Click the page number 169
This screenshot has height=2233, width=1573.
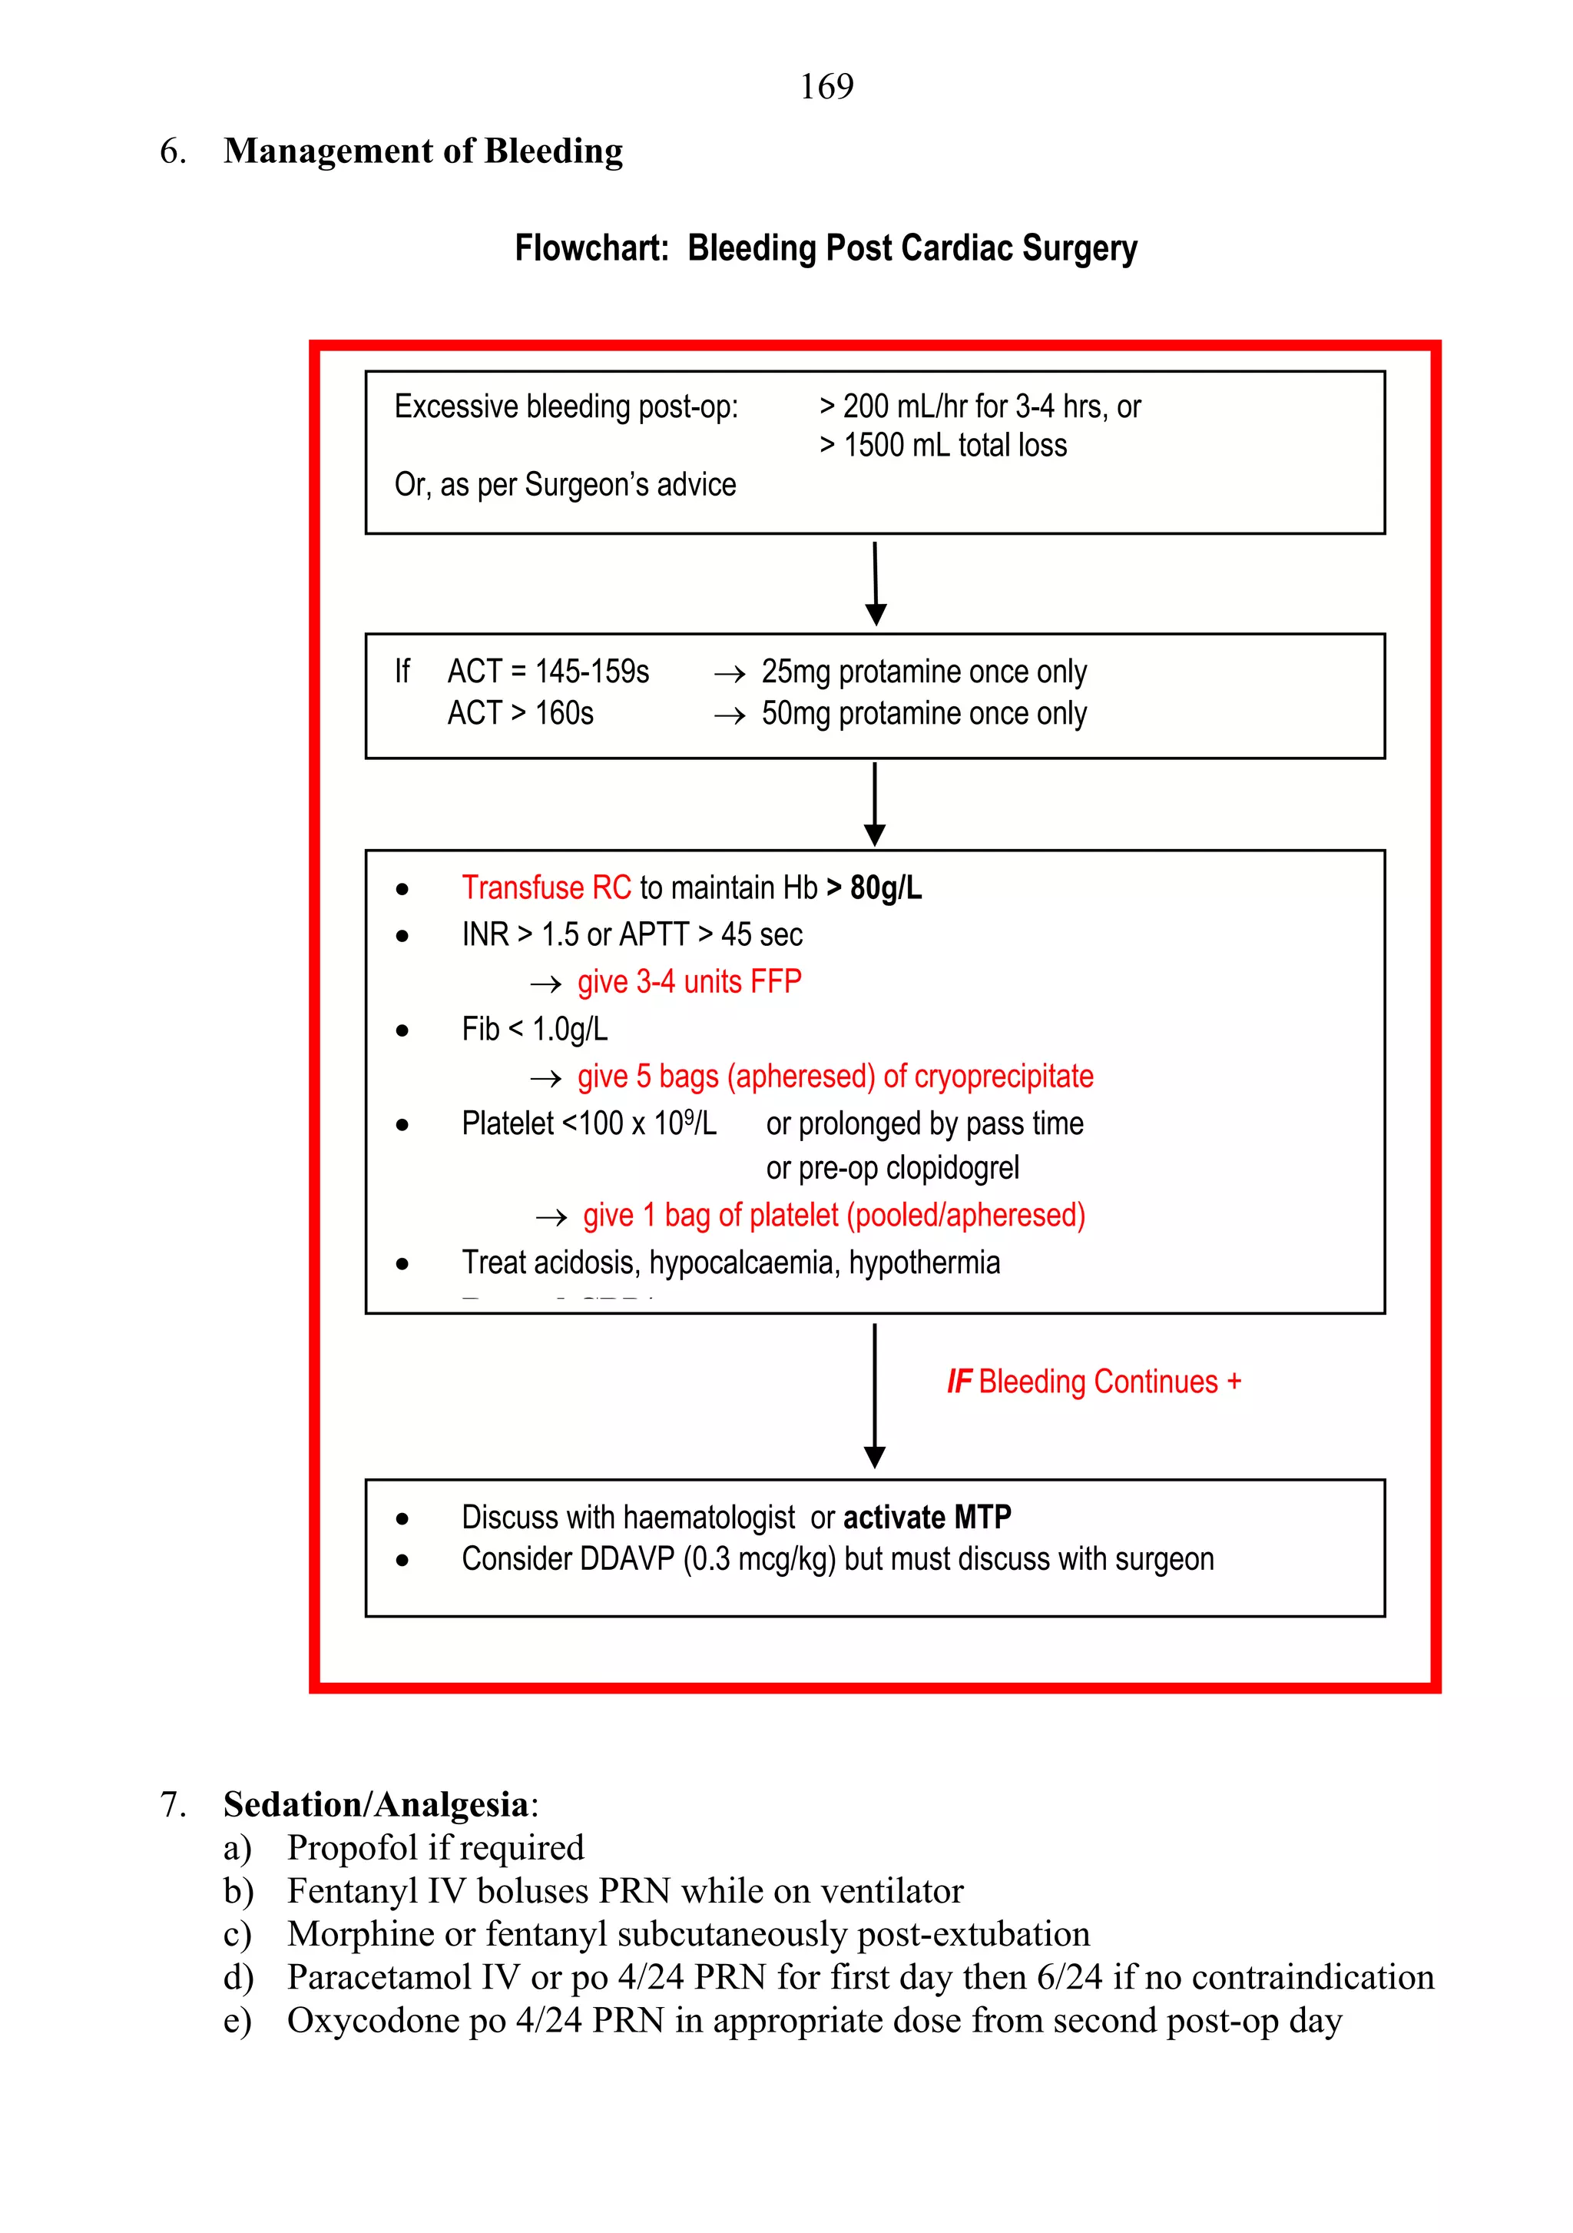click(x=826, y=87)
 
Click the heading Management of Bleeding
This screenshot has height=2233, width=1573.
click(x=423, y=151)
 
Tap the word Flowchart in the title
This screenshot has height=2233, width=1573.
click(x=591, y=248)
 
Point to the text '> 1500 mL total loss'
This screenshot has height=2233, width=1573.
click(x=942, y=446)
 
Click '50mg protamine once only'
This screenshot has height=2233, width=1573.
click(x=922, y=713)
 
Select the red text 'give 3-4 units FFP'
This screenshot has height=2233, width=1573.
click(x=688, y=981)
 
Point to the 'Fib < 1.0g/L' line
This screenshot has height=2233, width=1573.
click(x=534, y=1029)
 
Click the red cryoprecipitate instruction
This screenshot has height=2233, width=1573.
click(x=834, y=1076)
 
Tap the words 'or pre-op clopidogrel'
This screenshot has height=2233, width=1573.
click(x=892, y=1167)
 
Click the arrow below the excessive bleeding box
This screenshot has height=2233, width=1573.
click(x=875, y=583)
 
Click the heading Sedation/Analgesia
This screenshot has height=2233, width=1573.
click(x=376, y=1804)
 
